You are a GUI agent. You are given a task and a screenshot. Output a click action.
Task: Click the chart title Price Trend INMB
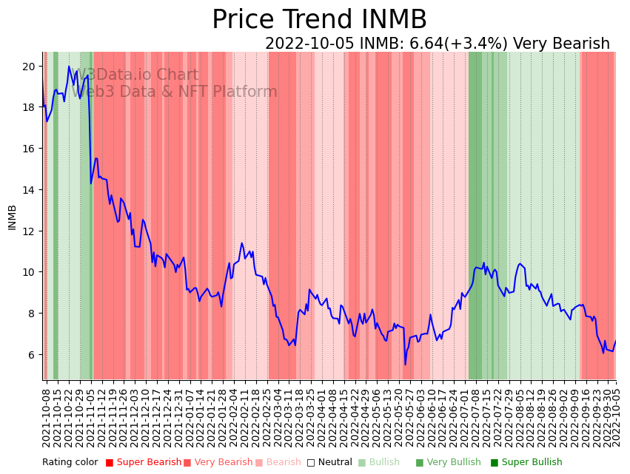point(319,20)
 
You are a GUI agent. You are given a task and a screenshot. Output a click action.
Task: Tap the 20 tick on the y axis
point(29,67)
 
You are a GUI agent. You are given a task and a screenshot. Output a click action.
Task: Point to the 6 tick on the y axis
point(32,355)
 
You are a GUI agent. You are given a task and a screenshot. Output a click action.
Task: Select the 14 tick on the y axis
point(29,190)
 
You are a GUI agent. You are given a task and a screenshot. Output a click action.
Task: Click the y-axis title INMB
point(12,217)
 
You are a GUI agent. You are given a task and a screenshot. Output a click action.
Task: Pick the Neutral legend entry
point(330,463)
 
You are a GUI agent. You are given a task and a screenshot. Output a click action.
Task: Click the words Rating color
point(70,463)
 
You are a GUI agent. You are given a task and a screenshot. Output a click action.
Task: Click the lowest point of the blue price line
point(405,364)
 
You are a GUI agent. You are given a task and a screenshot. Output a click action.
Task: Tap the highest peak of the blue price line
point(69,67)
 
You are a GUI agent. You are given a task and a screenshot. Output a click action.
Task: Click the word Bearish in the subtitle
point(581,44)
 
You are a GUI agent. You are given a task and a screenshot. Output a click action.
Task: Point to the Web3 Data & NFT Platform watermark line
point(178,92)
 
